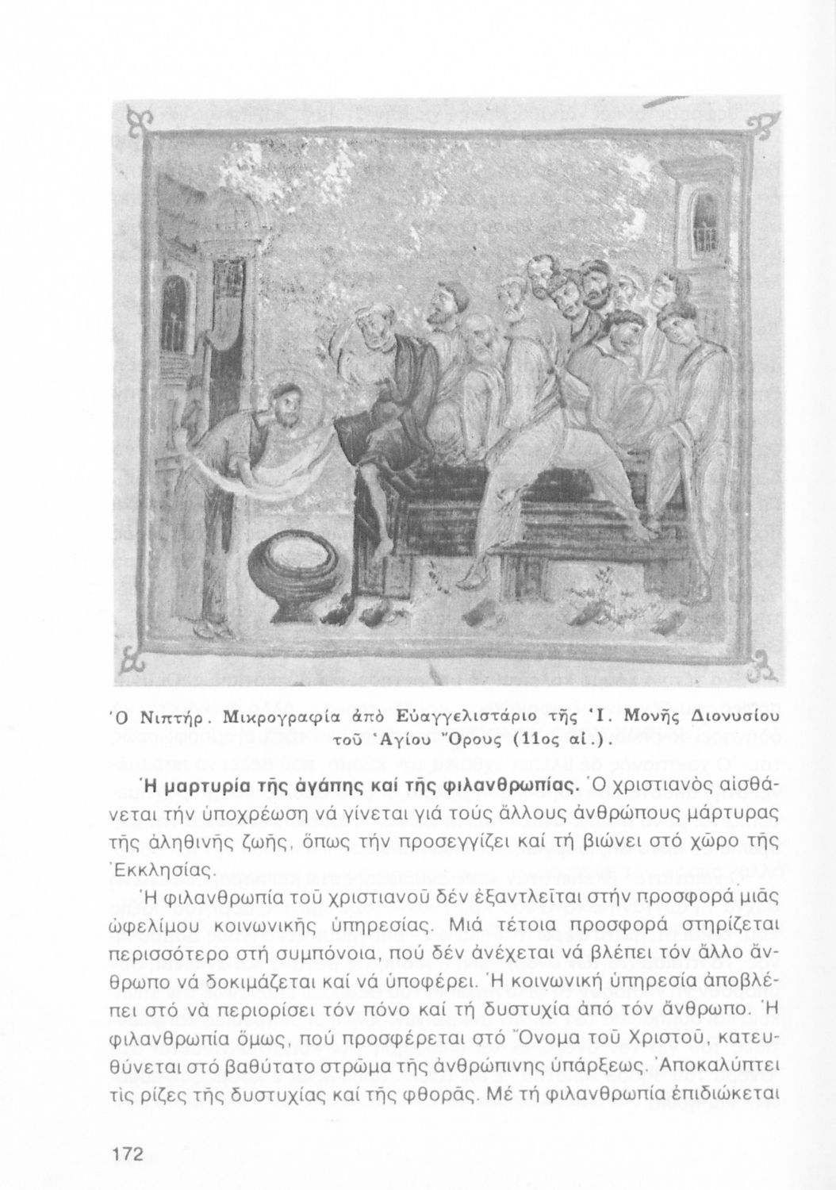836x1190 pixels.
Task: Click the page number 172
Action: [126, 1155]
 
